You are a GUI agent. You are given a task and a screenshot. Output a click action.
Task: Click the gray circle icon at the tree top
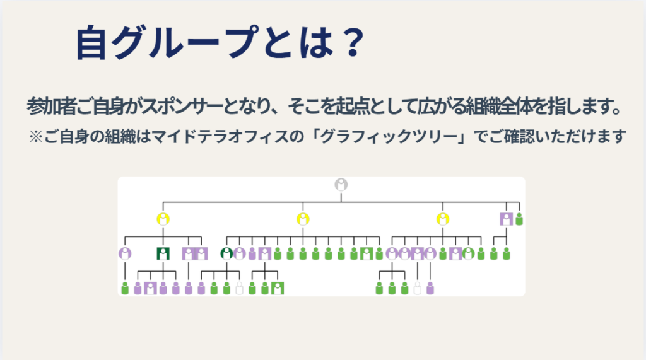[x=341, y=185]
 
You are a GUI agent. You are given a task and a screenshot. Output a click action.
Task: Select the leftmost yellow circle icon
[x=163, y=219]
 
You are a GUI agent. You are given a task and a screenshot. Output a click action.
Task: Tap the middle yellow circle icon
[x=303, y=219]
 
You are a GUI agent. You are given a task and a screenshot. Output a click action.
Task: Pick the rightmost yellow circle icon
[x=443, y=219]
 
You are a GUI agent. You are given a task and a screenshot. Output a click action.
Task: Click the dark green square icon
[x=163, y=254]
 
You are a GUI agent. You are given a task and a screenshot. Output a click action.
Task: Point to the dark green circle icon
[x=226, y=254]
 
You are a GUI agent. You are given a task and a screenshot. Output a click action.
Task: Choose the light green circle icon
[x=468, y=254]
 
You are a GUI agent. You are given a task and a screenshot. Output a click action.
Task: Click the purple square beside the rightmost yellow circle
[x=506, y=219]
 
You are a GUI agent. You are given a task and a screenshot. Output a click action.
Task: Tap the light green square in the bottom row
[x=278, y=289]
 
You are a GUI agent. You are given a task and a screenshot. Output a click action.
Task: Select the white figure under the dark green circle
[x=239, y=289]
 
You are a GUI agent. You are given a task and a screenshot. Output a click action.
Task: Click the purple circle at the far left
[x=125, y=254]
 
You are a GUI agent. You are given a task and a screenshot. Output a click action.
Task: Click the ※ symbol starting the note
[x=35, y=136]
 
